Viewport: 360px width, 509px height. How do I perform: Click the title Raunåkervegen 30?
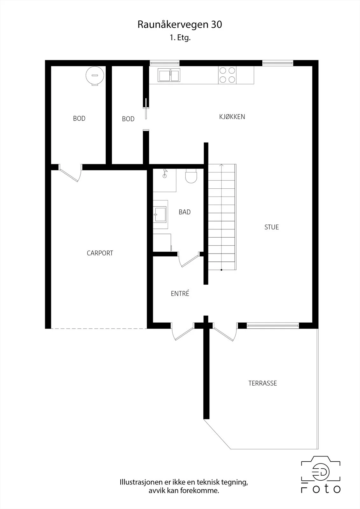pyautogui.click(x=180, y=24)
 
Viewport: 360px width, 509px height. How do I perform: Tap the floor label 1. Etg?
pyautogui.click(x=180, y=38)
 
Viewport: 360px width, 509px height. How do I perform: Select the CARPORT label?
pyautogui.click(x=100, y=253)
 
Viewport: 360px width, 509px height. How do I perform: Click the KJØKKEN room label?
pyautogui.click(x=232, y=117)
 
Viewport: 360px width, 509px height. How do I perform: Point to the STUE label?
pyautogui.click(x=272, y=227)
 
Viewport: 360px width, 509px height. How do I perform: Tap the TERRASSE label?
pyautogui.click(x=263, y=383)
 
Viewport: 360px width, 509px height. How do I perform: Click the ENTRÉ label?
pyautogui.click(x=180, y=293)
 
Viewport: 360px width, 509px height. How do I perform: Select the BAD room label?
pyautogui.click(x=185, y=212)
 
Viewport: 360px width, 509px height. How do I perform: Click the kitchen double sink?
pyautogui.click(x=169, y=75)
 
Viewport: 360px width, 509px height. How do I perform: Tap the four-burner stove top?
pyautogui.click(x=227, y=75)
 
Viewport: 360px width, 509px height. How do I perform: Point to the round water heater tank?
pyautogui.click(x=95, y=76)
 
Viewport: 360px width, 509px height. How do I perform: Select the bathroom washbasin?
pyautogui.click(x=160, y=214)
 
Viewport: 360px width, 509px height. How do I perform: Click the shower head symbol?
pyautogui.click(x=165, y=173)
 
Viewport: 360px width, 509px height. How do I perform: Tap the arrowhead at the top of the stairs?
pyautogui.click(x=222, y=165)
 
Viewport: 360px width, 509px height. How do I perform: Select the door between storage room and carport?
pyautogui.click(x=70, y=173)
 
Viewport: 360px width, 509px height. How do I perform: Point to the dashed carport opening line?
pyautogui.click(x=99, y=329)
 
